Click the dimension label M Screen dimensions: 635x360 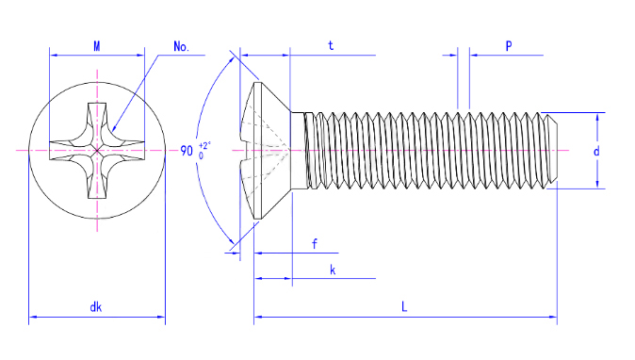point(97,46)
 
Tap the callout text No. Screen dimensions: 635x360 point(181,46)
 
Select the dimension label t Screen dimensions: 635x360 point(331,46)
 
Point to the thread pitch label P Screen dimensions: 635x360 point(509,46)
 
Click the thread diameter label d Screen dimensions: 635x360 point(596,152)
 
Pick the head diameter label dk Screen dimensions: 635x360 point(95,307)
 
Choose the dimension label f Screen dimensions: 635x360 point(315,244)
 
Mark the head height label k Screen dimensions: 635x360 point(333,270)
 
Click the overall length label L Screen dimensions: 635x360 point(404,307)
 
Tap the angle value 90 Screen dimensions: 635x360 point(187,151)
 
